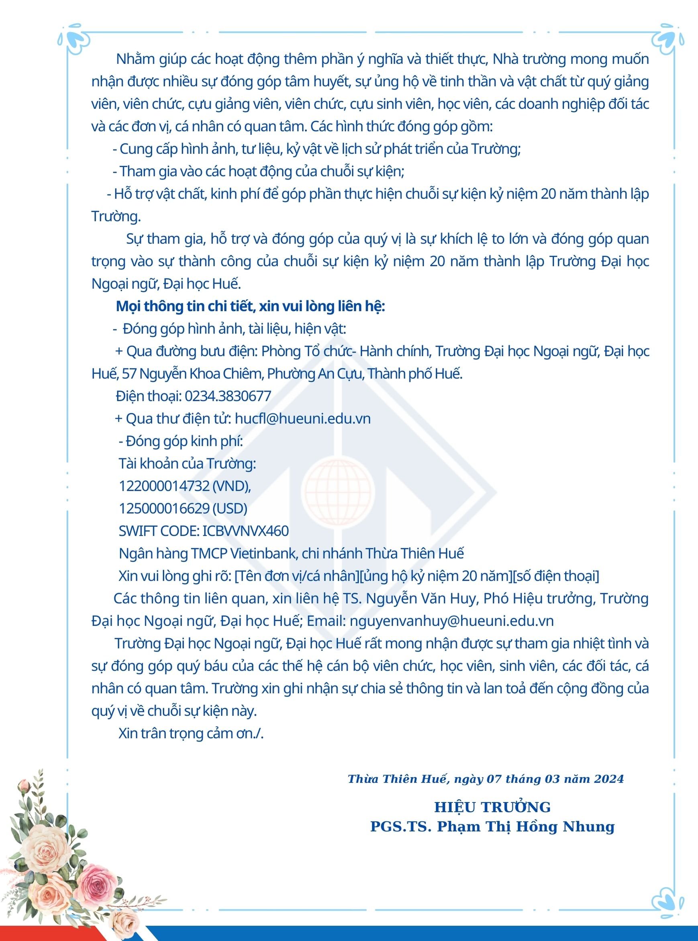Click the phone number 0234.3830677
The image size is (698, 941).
click(x=228, y=396)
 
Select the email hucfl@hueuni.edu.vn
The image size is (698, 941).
click(x=302, y=418)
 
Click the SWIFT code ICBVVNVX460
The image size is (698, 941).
click(x=245, y=531)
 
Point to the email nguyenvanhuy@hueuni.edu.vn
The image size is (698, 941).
click(x=452, y=621)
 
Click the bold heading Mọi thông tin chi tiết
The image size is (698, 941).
click(x=250, y=306)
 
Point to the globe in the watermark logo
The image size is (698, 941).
click(x=338, y=492)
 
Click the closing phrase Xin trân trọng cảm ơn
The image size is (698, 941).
click(x=191, y=733)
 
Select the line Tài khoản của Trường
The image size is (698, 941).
click(x=187, y=463)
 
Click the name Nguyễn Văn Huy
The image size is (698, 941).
click(x=422, y=598)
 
